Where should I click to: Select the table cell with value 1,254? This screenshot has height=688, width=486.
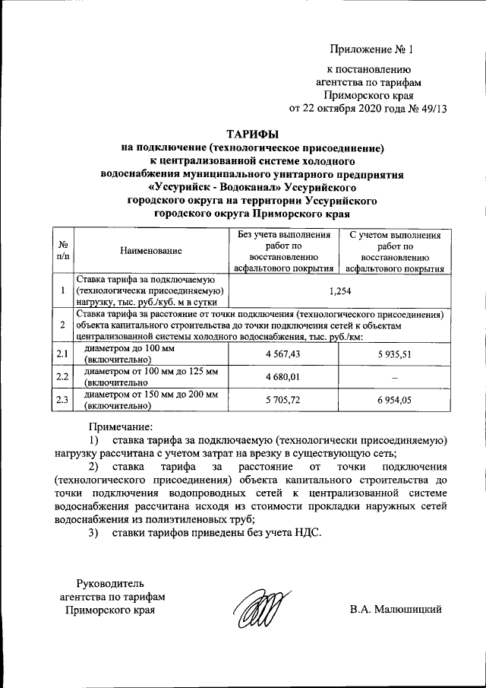click(339, 290)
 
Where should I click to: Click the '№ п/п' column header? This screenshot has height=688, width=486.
click(62, 250)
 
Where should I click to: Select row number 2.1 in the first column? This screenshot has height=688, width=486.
click(62, 354)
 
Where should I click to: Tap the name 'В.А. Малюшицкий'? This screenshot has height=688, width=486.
click(396, 609)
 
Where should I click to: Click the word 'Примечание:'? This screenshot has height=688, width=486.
click(121, 426)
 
